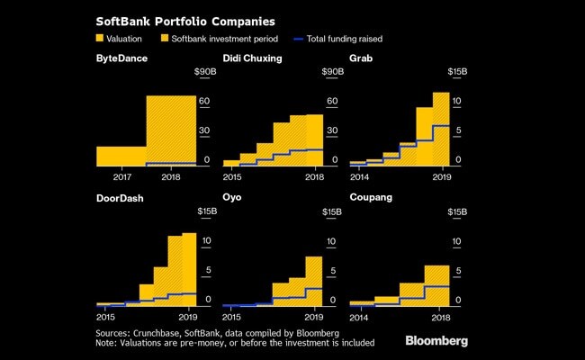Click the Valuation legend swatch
click(100, 39)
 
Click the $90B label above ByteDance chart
click(204, 71)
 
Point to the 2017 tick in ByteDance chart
click(121, 177)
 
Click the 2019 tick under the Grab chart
click(440, 177)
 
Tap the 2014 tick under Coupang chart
click(359, 318)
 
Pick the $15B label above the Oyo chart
click(332, 211)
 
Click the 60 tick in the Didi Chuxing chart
click(332, 101)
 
